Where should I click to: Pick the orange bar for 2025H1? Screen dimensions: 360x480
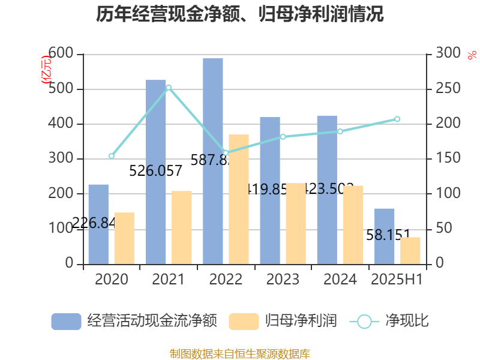tap(410, 250)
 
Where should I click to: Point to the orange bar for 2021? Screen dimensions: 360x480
tap(182, 227)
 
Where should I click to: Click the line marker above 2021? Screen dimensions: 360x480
tap(169, 88)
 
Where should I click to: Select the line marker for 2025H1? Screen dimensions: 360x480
tap(397, 119)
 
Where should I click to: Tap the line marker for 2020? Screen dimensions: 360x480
tap(112, 156)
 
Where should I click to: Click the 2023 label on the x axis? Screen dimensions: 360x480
tap(283, 280)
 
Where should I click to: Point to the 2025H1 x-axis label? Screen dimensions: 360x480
tap(397, 280)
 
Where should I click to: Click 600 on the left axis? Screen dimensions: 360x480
tap(61, 55)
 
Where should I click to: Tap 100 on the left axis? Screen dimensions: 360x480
tap(61, 229)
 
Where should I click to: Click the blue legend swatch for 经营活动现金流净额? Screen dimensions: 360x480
tap(66, 321)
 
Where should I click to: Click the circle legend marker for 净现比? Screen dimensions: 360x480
tap(364, 321)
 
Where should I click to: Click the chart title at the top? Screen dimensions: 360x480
tap(240, 14)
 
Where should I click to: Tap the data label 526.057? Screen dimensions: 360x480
tap(156, 172)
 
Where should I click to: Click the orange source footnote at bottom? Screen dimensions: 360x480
tap(240, 353)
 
